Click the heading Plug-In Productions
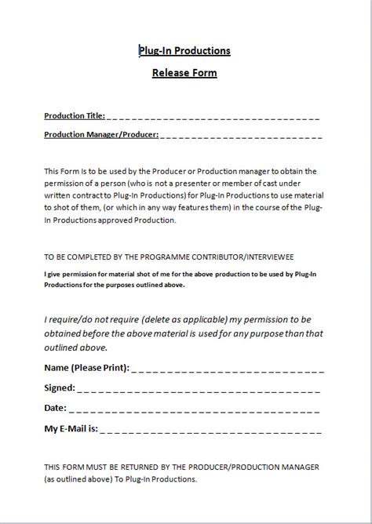coord(184,51)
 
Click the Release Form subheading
coord(184,74)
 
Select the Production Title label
coord(73,116)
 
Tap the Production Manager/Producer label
coord(101,134)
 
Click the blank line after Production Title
coord(212,117)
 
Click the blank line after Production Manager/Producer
coord(242,135)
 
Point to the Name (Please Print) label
coord(87,367)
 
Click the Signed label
coord(60,388)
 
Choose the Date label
coord(56,408)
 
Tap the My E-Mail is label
coord(71,428)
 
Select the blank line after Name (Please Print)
coord(228,368)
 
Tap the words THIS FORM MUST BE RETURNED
coord(102,467)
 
